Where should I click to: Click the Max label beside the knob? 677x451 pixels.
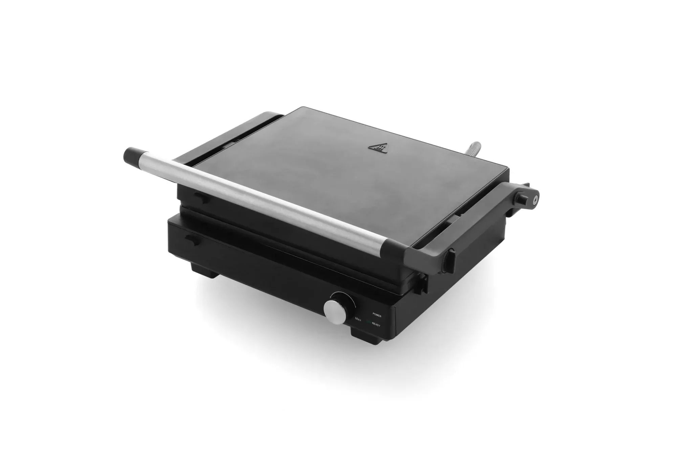coord(358,319)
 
